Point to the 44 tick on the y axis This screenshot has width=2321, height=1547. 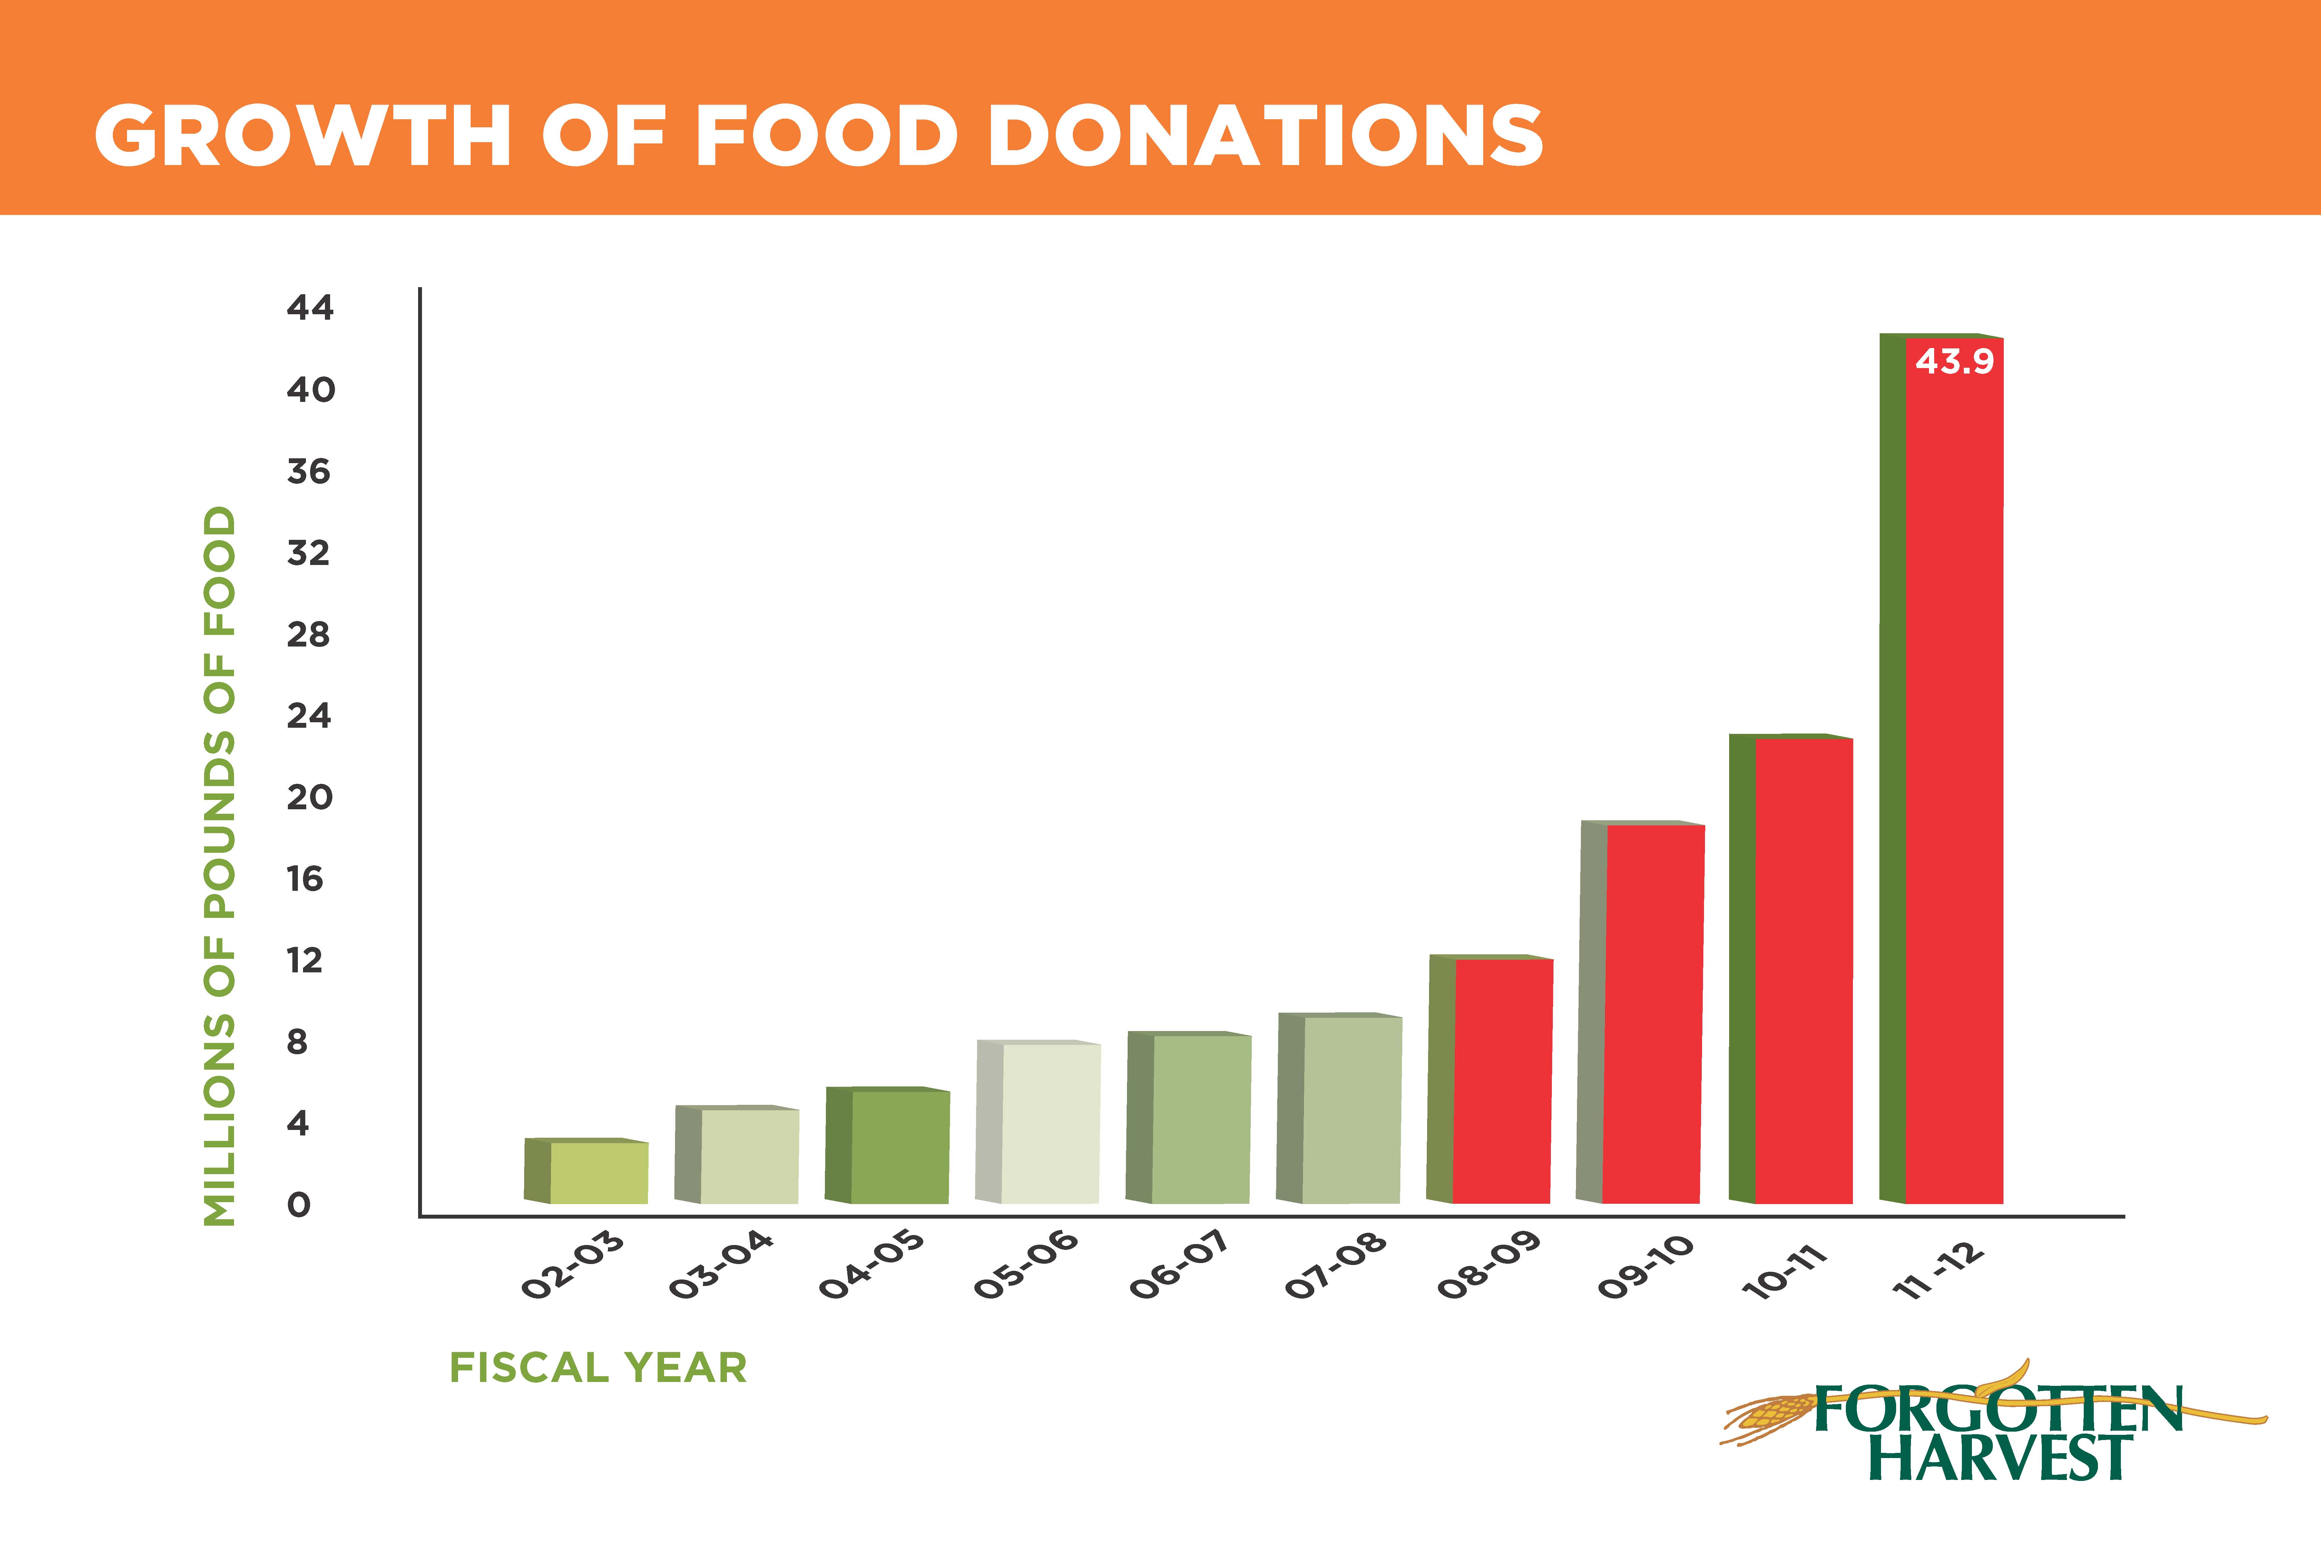click(310, 308)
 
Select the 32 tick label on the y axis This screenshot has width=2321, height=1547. click(309, 552)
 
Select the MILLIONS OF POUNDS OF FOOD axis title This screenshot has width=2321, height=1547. click(219, 866)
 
